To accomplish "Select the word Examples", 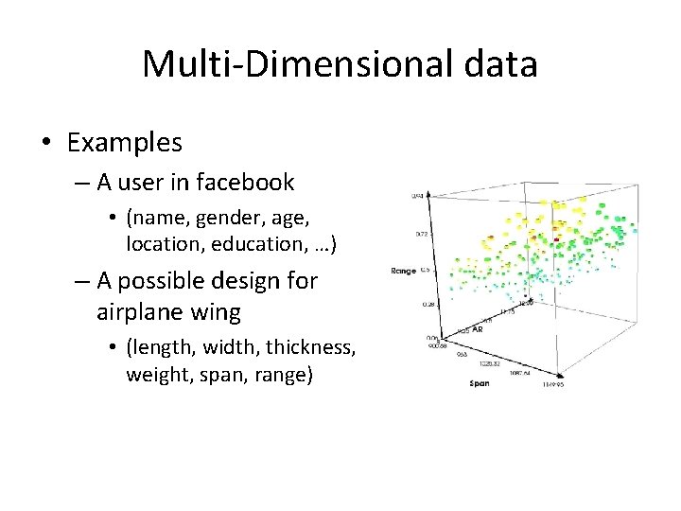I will pyautogui.click(x=124, y=143).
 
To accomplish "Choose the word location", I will pyautogui.click(x=160, y=243).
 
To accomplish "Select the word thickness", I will pyautogui.click(x=309, y=347).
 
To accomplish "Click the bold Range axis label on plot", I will pyautogui.click(x=404, y=272).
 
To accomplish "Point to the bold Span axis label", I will pyautogui.click(x=480, y=383).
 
